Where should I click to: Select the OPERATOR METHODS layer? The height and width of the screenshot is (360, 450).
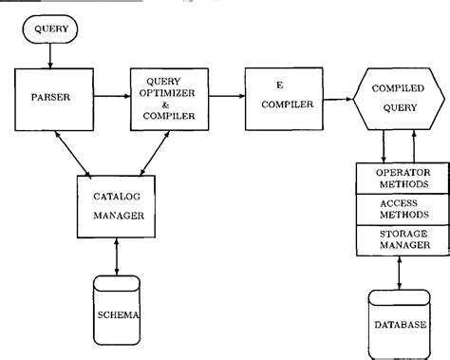pyautogui.click(x=400, y=178)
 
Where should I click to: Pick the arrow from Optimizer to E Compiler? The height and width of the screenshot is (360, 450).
pyautogui.click(x=221, y=96)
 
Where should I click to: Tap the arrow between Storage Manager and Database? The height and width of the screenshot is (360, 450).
pyautogui.click(x=399, y=269)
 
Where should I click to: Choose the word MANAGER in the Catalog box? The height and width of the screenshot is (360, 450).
pyautogui.click(x=118, y=216)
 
